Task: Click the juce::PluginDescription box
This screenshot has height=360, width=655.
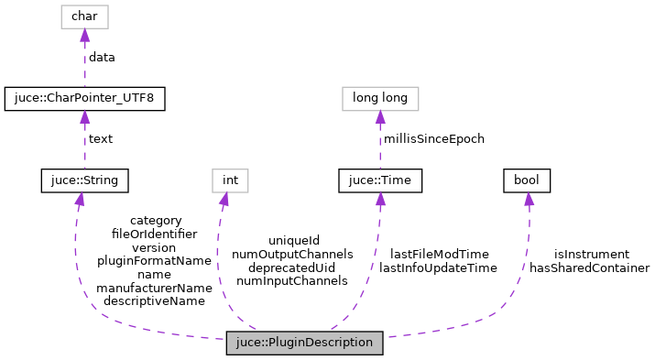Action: point(304,343)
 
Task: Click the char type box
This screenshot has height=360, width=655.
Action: point(84,16)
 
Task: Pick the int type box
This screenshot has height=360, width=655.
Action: point(230,181)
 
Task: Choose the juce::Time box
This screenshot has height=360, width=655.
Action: point(380,181)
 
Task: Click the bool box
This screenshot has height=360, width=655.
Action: point(527,181)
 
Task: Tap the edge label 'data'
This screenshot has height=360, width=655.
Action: point(101,57)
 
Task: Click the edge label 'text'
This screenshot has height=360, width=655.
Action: point(100,139)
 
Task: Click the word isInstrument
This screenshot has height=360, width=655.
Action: point(591,254)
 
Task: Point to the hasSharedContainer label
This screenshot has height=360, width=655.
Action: point(589,267)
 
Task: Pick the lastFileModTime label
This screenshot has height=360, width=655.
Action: point(439,254)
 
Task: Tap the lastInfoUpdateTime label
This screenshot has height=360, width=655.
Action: point(438,267)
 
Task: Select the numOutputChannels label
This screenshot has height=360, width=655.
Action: point(292,254)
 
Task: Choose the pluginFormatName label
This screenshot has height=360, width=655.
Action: point(155,260)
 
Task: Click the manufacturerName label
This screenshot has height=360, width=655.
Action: point(155,287)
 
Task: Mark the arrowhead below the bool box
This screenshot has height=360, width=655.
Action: point(528,200)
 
